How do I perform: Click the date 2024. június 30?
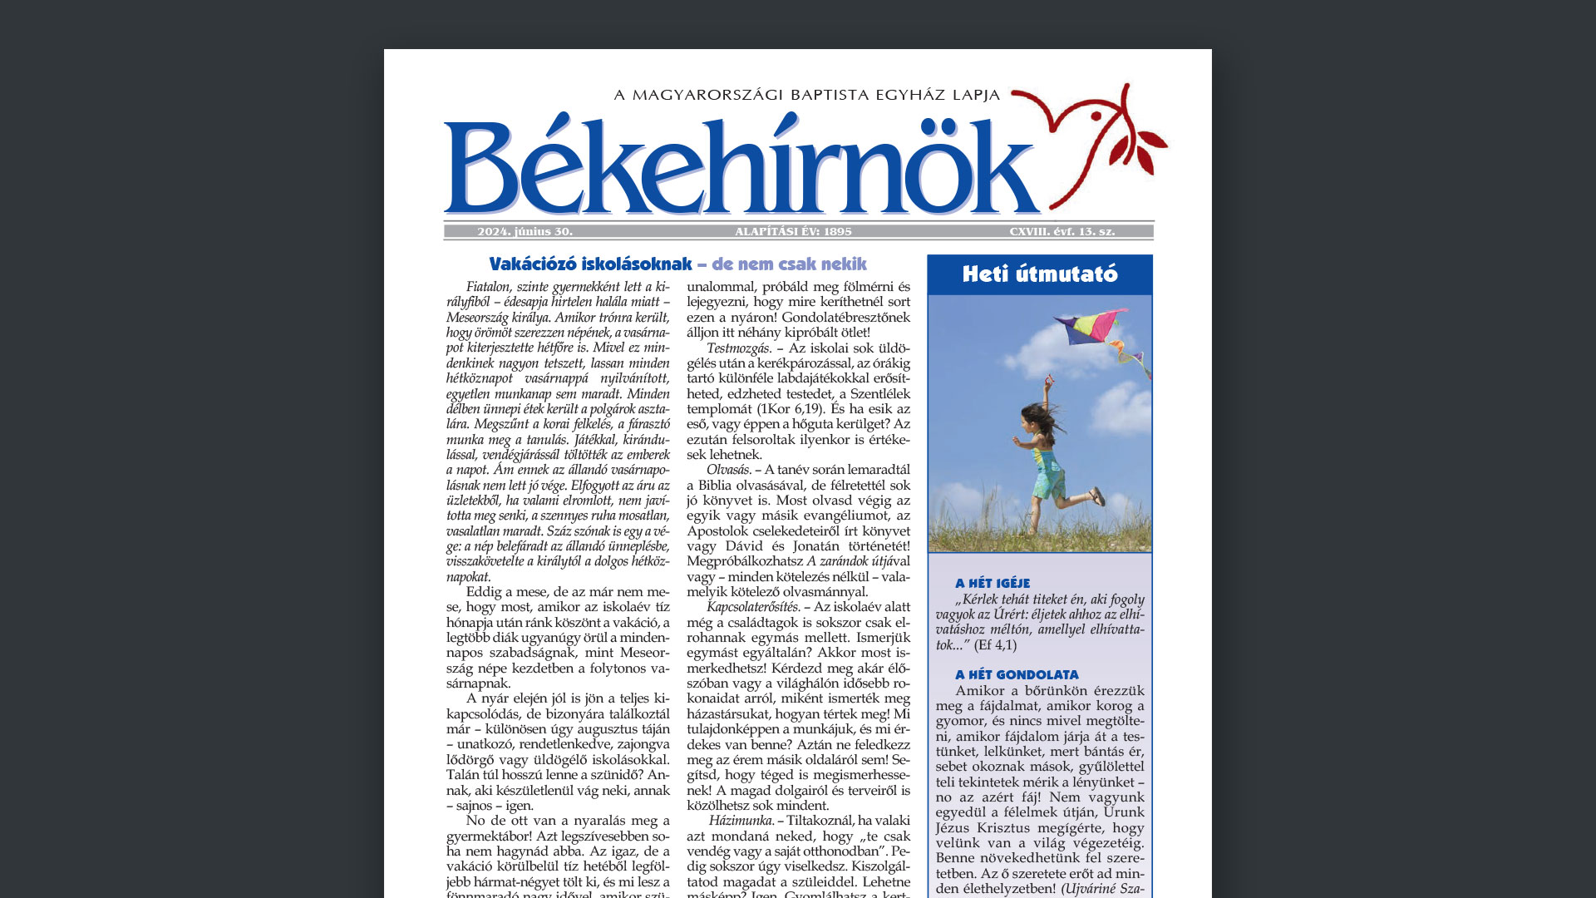pyautogui.click(x=525, y=231)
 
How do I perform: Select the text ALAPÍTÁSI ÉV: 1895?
pyautogui.click(x=793, y=231)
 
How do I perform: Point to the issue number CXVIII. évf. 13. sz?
pyautogui.click(x=1062, y=231)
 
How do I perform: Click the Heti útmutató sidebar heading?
pyautogui.click(x=1039, y=274)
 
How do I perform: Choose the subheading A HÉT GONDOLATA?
pyautogui.click(x=1017, y=675)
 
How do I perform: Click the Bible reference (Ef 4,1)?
pyautogui.click(x=995, y=644)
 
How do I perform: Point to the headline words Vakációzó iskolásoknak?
pyautogui.click(x=590, y=264)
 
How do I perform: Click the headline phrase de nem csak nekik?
pyautogui.click(x=789, y=264)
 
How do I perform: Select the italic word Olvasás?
pyautogui.click(x=729, y=470)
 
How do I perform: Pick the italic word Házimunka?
pyautogui.click(x=741, y=821)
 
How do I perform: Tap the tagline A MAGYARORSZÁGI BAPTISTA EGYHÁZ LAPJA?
pyautogui.click(x=806, y=95)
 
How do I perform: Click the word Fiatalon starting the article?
pyautogui.click(x=491, y=287)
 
